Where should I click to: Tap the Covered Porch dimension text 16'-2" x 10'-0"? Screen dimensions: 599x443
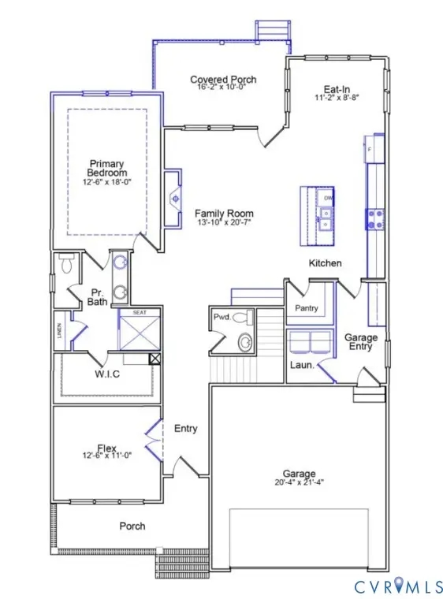[223, 90]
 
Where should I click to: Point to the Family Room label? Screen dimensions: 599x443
[225, 214]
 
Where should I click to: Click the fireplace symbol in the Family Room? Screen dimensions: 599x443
[175, 198]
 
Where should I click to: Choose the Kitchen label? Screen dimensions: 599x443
[325, 262]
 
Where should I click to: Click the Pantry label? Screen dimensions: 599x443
[306, 307]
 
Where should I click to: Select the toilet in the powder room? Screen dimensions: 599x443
[247, 318]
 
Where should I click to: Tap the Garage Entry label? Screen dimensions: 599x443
[361, 342]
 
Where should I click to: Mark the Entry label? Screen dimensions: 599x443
[185, 429]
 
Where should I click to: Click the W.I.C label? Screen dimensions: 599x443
[106, 374]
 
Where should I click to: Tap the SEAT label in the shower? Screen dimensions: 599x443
[140, 313]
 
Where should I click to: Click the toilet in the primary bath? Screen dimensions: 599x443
[66, 265]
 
